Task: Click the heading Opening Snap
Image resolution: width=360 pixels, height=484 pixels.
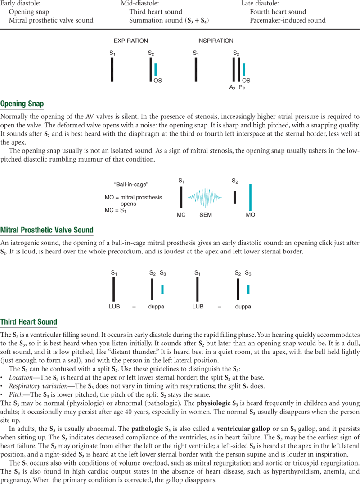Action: pyautogui.click(x=22, y=104)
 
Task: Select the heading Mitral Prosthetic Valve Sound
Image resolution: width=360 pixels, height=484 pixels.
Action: pyautogui.click(x=47, y=230)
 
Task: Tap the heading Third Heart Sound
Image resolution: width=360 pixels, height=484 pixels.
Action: pyautogui.click(x=29, y=322)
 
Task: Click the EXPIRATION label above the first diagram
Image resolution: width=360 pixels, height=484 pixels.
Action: pyautogui.click(x=130, y=41)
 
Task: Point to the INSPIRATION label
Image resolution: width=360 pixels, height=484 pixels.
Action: pyautogui.click(x=215, y=41)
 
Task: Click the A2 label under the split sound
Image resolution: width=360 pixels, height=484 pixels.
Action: pyautogui.click(x=232, y=87)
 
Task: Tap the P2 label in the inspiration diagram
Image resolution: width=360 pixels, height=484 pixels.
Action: pyautogui.click(x=242, y=87)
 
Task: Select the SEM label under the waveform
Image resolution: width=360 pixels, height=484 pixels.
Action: pyautogui.click(x=206, y=215)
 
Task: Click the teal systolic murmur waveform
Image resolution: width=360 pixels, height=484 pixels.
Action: pyautogui.click(x=206, y=197)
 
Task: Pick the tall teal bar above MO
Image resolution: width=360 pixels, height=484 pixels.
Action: pyautogui.click(x=250, y=197)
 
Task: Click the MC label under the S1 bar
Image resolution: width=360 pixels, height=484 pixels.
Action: pyautogui.click(x=181, y=215)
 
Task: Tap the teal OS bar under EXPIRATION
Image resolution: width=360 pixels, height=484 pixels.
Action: pyautogui.click(x=156, y=69)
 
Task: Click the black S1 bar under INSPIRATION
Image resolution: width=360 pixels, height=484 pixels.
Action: pyautogui.click(x=196, y=69)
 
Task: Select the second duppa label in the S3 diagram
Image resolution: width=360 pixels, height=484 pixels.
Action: pyautogui.click(x=243, y=307)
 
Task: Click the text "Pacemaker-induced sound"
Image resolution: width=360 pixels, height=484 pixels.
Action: pyautogui.click(x=288, y=20)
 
